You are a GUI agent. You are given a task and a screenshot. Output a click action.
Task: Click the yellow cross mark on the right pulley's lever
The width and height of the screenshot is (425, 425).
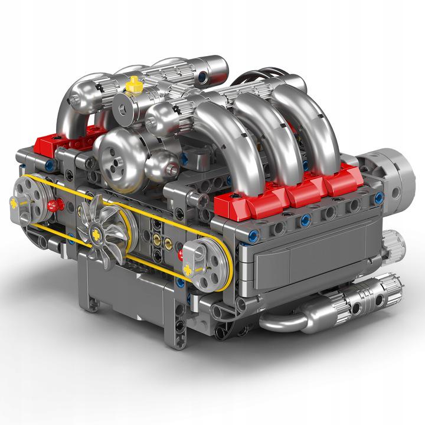click(188, 271)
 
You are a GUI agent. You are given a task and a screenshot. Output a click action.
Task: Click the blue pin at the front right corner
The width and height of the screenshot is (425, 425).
click(253, 235)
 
